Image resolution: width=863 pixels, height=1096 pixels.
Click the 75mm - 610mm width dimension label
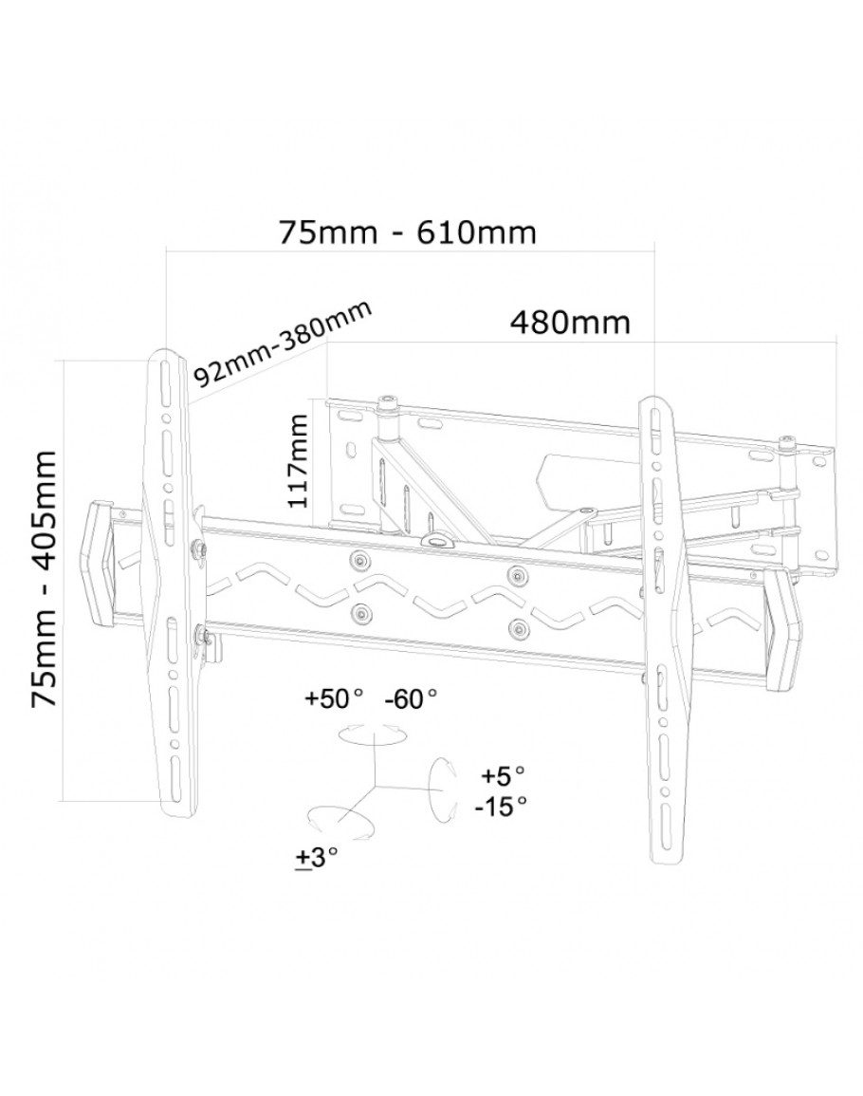(408, 232)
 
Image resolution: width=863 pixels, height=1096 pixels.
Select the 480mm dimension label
(570, 323)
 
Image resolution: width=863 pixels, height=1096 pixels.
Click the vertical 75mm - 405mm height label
(44, 579)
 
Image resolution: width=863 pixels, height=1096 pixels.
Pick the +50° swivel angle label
(334, 698)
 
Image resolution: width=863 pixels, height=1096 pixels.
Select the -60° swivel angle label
(412, 698)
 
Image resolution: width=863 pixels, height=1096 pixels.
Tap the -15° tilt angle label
(501, 807)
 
